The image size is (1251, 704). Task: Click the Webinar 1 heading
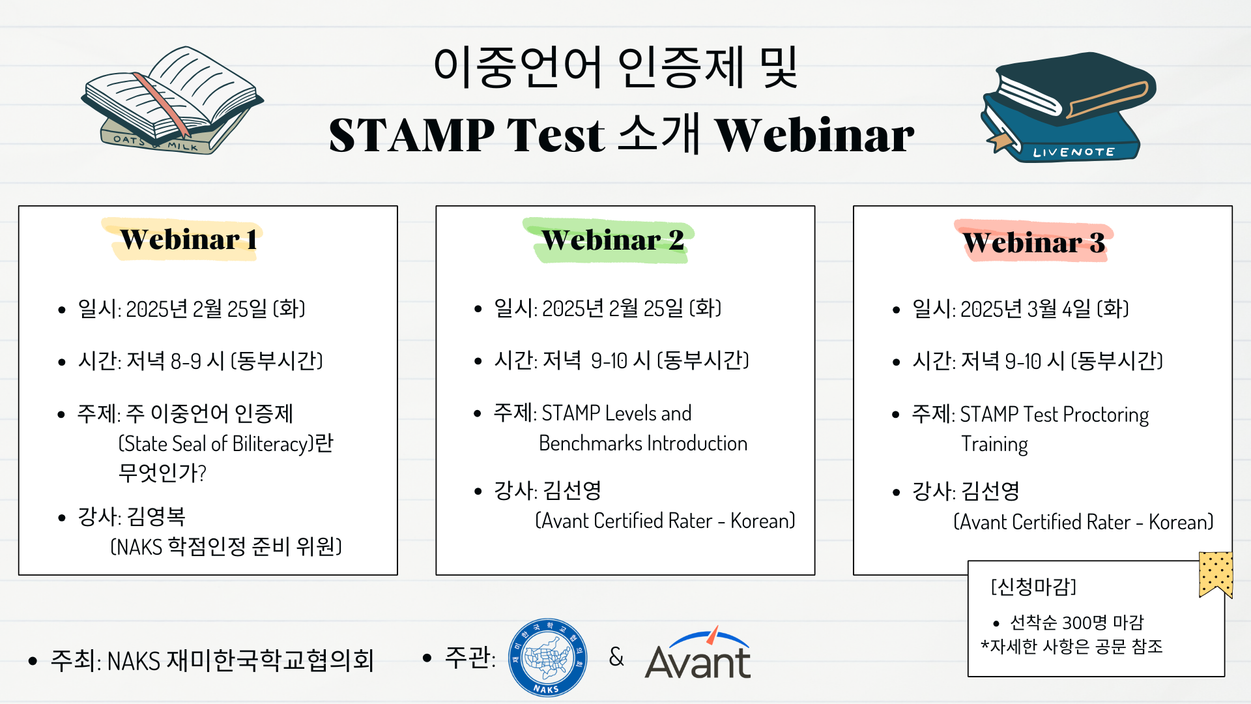(188, 240)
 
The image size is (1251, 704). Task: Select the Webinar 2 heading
(612, 240)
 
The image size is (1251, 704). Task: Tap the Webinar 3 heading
(1034, 242)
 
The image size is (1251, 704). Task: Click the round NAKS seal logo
(547, 658)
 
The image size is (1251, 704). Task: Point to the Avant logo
(698, 654)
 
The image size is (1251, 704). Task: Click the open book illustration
(173, 100)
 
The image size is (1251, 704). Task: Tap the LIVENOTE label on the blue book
(1074, 152)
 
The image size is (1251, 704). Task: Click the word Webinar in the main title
(814, 135)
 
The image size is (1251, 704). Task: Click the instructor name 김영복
(156, 516)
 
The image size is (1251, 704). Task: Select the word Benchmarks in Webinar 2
(590, 443)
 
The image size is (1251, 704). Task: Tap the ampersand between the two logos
(616, 656)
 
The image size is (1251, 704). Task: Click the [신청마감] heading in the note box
(1033, 587)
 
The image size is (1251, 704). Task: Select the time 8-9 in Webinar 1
(186, 360)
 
